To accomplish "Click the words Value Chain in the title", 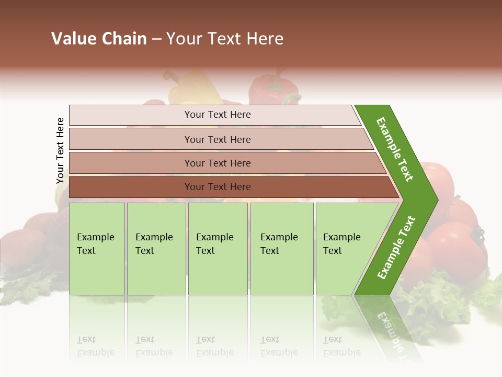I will pyautogui.click(x=99, y=39).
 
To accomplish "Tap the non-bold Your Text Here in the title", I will pyautogui.click(x=225, y=39).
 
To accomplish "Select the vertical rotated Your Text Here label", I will pyautogui.click(x=60, y=151).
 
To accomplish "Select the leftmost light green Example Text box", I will pyautogui.click(x=97, y=249).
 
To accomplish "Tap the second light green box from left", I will pyautogui.click(x=156, y=249).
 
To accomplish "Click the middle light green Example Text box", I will pyautogui.click(x=218, y=249).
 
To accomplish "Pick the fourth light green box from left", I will pyautogui.click(x=282, y=249).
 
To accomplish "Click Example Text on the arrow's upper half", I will pyautogui.click(x=395, y=149).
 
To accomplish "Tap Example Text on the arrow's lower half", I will pyautogui.click(x=396, y=248).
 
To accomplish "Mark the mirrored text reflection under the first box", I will pyautogui.click(x=95, y=347).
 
